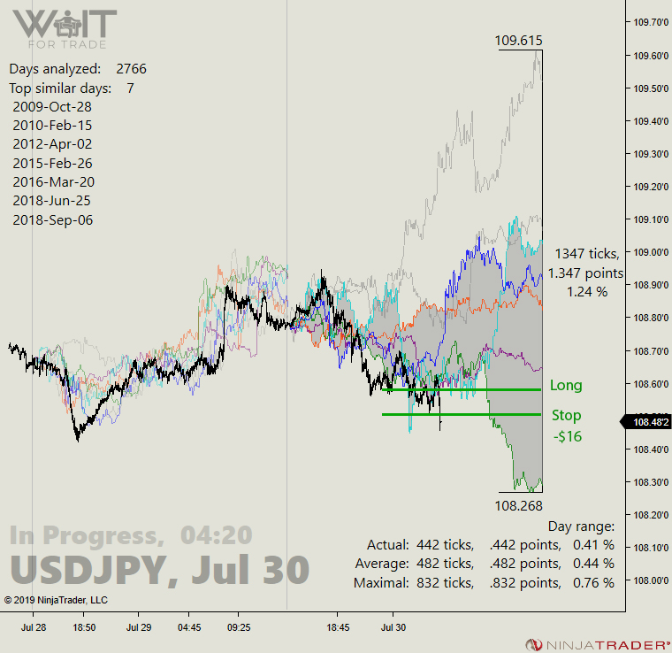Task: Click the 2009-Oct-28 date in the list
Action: (52, 106)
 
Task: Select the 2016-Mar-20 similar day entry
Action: (53, 182)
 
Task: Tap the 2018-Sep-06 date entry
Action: (53, 220)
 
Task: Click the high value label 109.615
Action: (519, 41)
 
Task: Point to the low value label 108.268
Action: (519, 505)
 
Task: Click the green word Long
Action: (566, 386)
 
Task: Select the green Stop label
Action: (567, 415)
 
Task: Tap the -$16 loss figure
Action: (567, 436)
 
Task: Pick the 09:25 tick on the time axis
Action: (239, 626)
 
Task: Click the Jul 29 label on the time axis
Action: (138, 626)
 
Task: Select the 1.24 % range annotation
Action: (586, 291)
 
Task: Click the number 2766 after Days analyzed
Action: (131, 69)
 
